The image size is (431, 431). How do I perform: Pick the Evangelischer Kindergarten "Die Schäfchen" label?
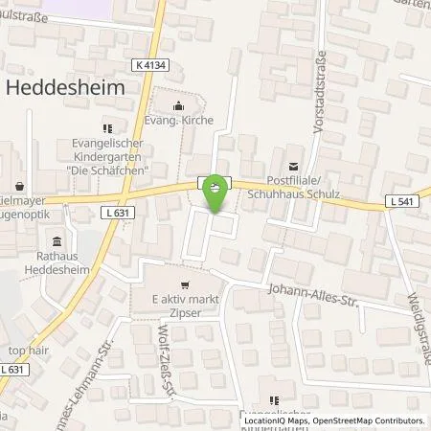(107, 155)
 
